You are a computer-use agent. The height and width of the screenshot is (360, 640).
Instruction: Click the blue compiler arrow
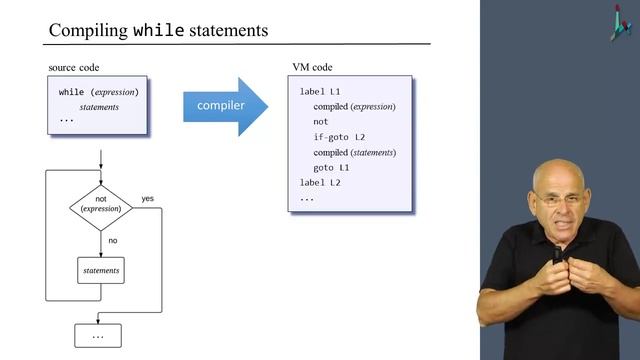[224, 105]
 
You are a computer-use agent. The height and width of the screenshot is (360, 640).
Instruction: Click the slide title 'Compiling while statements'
[158, 30]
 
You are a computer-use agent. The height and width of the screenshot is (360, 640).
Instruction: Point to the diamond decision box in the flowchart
[101, 205]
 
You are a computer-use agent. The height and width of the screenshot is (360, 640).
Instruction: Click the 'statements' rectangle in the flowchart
[101, 270]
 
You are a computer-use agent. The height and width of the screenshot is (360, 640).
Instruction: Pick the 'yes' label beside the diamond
[148, 197]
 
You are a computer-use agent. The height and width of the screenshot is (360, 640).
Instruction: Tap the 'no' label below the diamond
[113, 240]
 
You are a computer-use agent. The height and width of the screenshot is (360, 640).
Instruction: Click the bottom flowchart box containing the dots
[98, 335]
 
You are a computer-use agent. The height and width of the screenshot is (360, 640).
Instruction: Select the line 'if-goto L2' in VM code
[339, 137]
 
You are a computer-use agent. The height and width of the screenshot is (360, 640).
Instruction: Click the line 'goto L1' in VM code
[331, 168]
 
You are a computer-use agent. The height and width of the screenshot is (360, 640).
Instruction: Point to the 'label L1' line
[320, 91]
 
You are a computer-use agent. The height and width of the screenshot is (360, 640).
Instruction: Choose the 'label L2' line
[320, 183]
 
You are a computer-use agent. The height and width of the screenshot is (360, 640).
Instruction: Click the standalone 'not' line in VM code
[320, 122]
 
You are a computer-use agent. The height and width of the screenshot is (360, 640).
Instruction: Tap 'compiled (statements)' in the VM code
[354, 152]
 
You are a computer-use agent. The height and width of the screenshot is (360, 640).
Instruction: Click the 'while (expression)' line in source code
[98, 92]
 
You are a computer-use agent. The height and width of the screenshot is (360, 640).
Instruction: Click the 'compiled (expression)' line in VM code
[354, 107]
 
